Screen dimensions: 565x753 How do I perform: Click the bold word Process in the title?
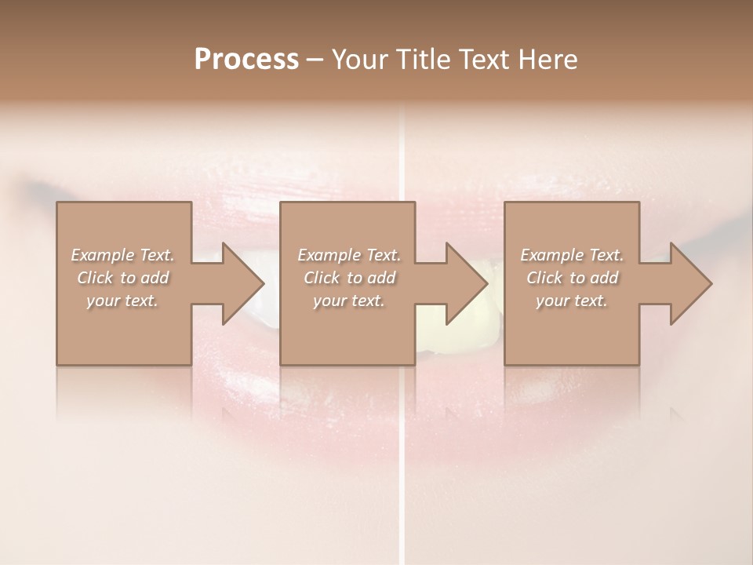[246, 59]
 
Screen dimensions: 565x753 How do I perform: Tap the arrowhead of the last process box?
[689, 283]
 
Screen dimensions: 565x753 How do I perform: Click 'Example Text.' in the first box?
[122, 255]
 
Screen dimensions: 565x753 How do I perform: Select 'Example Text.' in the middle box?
[349, 255]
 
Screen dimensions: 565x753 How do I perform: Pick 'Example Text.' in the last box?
[572, 255]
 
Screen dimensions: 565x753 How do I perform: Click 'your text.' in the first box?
[122, 301]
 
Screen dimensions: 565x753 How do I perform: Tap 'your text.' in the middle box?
[349, 301]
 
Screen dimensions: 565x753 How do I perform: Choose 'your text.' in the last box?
[572, 301]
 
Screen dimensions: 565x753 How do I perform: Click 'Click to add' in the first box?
[122, 278]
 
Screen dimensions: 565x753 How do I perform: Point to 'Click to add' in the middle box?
[349, 278]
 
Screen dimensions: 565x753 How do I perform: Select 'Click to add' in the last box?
[572, 278]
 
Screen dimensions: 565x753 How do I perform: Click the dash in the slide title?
[315, 60]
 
